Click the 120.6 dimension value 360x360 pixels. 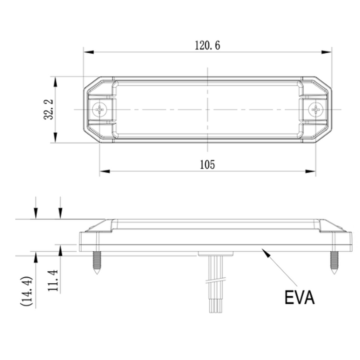207,45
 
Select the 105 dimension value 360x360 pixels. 207,164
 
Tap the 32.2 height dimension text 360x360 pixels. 49,110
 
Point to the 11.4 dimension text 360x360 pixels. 53,280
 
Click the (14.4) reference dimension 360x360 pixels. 26,291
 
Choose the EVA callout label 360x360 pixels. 299,297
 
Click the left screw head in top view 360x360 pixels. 100,110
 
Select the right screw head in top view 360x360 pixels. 316,110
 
